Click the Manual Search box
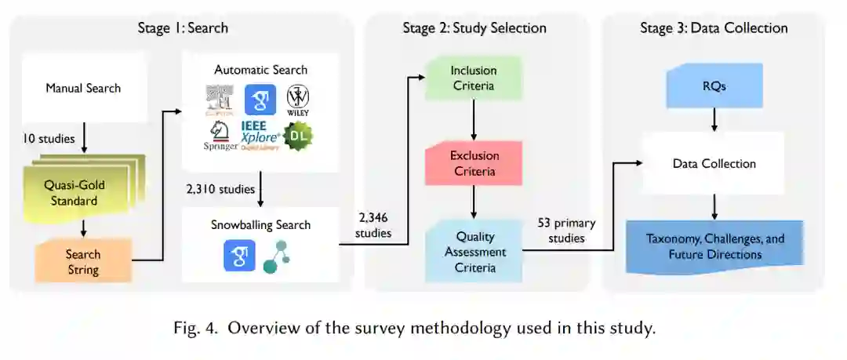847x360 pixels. [83, 88]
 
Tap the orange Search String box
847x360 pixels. [83, 261]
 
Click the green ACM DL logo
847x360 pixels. [299, 136]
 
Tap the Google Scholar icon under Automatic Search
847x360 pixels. [260, 100]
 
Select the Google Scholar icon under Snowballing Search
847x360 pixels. [239, 256]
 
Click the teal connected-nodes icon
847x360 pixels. [275, 256]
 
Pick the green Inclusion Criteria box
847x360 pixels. [473, 78]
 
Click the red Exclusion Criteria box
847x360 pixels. [474, 163]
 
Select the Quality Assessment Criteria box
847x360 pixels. [474, 250]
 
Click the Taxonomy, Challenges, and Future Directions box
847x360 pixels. [714, 246]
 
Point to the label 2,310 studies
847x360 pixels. [222, 189]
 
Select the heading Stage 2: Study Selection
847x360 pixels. [474, 28]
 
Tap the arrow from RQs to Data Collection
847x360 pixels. [714, 118]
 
